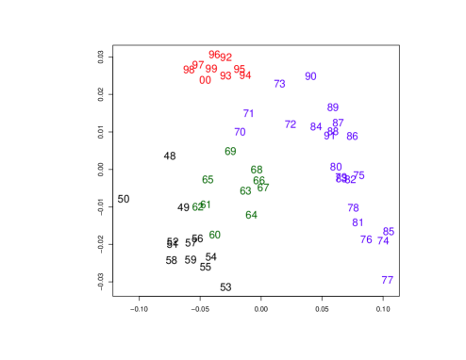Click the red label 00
[205, 81]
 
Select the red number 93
[225, 76]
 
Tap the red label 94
[245, 75]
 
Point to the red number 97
[198, 65]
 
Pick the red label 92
[225, 57]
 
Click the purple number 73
[279, 84]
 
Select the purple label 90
[310, 76]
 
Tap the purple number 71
[248, 114]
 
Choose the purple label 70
[240, 132]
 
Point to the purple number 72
[291, 124]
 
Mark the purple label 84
[316, 126]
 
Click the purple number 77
[387, 280]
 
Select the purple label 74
[383, 241]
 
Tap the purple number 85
[388, 232]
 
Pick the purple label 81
[358, 222]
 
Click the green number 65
[208, 180]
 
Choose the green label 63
[245, 191]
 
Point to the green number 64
[251, 215]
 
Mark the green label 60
[215, 235]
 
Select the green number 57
[263, 188]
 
